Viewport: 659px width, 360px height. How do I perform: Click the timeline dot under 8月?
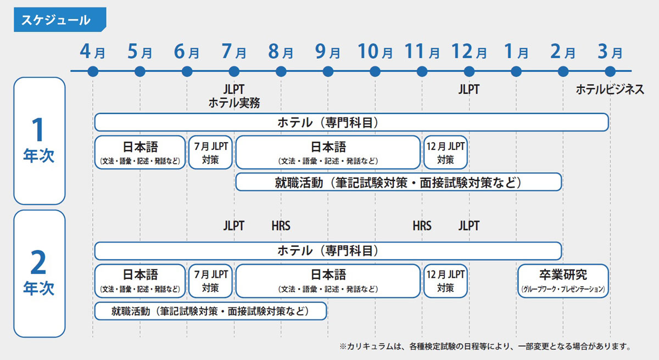[281, 71]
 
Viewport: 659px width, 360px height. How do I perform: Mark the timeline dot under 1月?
[516, 71]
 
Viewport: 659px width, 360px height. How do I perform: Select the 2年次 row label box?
[40, 273]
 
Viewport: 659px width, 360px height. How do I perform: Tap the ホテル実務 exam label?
[234, 103]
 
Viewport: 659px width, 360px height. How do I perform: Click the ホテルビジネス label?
[610, 89]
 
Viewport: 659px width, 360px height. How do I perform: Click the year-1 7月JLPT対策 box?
[210, 152]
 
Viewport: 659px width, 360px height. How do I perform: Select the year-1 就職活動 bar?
[398, 182]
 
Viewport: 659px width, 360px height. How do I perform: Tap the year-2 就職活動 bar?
[210, 311]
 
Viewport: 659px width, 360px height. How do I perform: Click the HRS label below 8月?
[281, 226]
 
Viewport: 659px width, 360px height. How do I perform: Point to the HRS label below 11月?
[422, 226]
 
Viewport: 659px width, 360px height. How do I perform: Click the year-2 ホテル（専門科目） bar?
[328, 251]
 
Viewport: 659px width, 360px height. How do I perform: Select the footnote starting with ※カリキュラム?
[484, 346]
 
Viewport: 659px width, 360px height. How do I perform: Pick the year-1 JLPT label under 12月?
[468, 89]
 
